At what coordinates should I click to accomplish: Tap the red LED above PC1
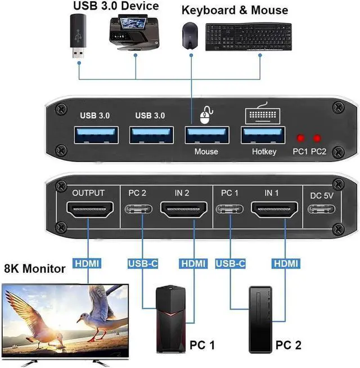pos(301,138)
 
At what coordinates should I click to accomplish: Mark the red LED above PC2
pos(318,138)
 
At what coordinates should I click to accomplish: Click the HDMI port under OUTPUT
pos(88,212)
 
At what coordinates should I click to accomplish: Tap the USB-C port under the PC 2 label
pos(137,212)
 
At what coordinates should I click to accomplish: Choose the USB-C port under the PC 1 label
pos(231,212)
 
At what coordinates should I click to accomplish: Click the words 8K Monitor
pos(35,269)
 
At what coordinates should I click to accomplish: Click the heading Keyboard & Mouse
pos(235,10)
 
